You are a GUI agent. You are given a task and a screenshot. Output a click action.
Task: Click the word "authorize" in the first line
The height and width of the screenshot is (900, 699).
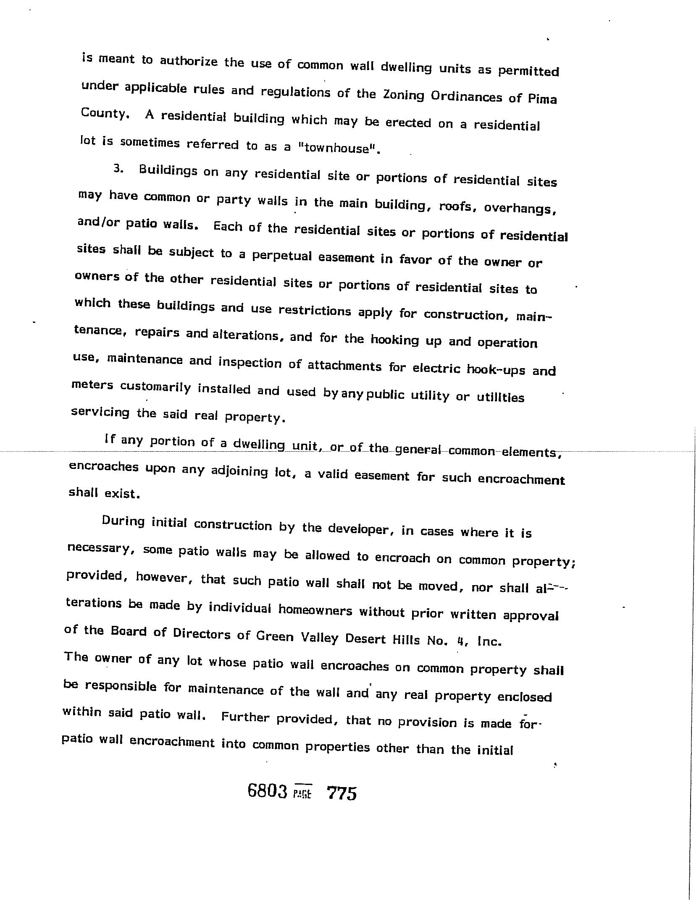click(189, 61)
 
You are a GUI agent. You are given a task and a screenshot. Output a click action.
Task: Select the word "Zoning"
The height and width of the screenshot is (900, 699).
click(404, 95)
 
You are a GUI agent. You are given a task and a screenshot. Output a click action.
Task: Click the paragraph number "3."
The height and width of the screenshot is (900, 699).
click(118, 169)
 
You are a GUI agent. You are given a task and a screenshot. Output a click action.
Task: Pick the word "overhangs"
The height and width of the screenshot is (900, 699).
click(520, 208)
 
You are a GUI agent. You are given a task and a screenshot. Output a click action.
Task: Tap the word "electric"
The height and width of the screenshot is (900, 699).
click(436, 368)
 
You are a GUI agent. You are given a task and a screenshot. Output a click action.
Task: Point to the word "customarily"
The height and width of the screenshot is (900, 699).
click(155, 387)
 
